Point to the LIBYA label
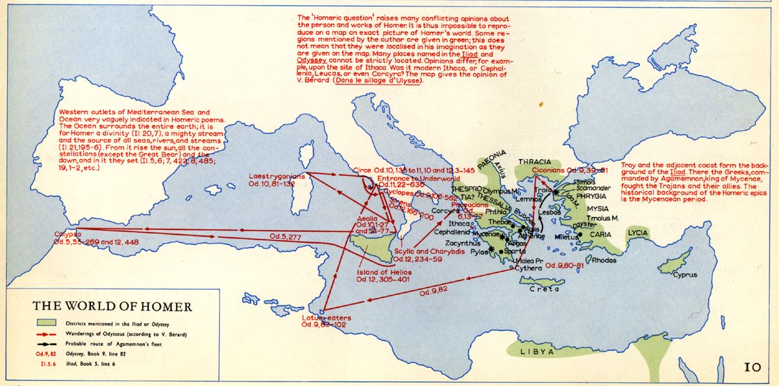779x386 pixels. pyautogui.click(x=536, y=351)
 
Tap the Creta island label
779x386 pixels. pyautogui.click(x=543, y=289)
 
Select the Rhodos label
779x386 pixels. pyautogui.click(x=604, y=260)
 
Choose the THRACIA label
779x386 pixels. pyautogui.click(x=534, y=161)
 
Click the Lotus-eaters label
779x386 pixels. pyautogui.click(x=326, y=318)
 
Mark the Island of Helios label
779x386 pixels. pyautogui.click(x=382, y=272)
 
